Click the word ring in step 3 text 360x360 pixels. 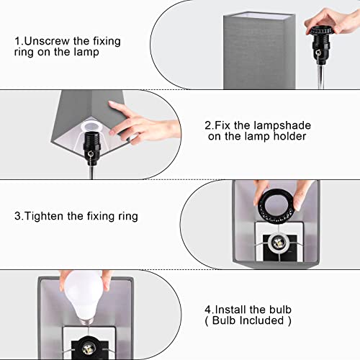click(127, 216)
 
